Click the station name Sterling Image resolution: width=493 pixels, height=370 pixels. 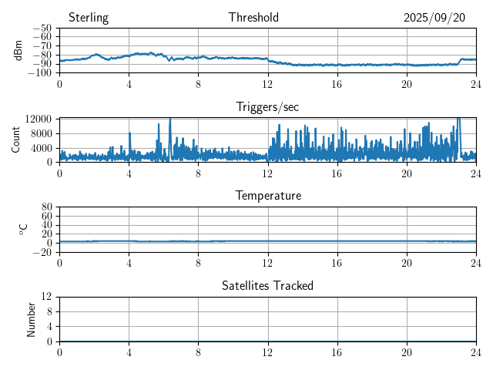point(89,18)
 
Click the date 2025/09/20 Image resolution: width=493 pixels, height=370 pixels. point(434,18)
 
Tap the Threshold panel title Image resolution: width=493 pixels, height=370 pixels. point(253,18)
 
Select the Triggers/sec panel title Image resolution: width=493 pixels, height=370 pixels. point(267,107)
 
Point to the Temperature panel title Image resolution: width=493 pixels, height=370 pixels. point(267,196)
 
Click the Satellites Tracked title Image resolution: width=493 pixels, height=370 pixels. point(267,285)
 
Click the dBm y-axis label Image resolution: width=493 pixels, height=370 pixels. point(18,50)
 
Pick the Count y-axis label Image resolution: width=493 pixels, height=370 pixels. point(15,140)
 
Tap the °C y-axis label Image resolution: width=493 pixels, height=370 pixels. point(23,229)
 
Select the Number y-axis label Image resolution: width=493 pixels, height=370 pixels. point(32,318)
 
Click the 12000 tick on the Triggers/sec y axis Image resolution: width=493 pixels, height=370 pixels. point(38,119)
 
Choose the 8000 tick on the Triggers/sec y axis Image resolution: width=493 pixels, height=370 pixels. point(40,133)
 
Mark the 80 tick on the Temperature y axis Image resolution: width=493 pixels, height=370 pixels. point(46,207)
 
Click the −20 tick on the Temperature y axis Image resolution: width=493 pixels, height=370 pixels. point(43,252)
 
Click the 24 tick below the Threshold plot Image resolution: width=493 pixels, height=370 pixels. point(475,84)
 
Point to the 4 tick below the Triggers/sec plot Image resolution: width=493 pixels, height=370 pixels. point(129,173)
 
